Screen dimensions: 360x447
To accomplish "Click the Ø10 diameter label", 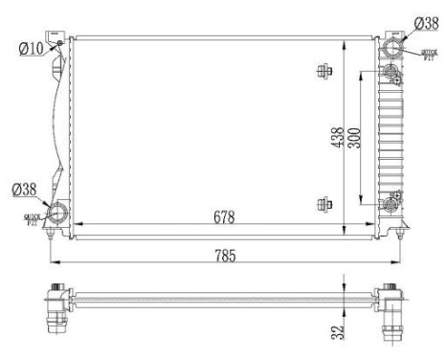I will (32, 48).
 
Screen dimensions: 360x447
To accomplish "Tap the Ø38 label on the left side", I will (25, 189).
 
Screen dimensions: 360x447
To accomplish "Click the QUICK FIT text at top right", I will (429, 56).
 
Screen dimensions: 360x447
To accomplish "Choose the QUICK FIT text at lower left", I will (33, 218).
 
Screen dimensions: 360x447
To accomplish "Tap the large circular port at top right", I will (394, 49).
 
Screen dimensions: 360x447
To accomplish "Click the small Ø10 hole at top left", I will (58, 43).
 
